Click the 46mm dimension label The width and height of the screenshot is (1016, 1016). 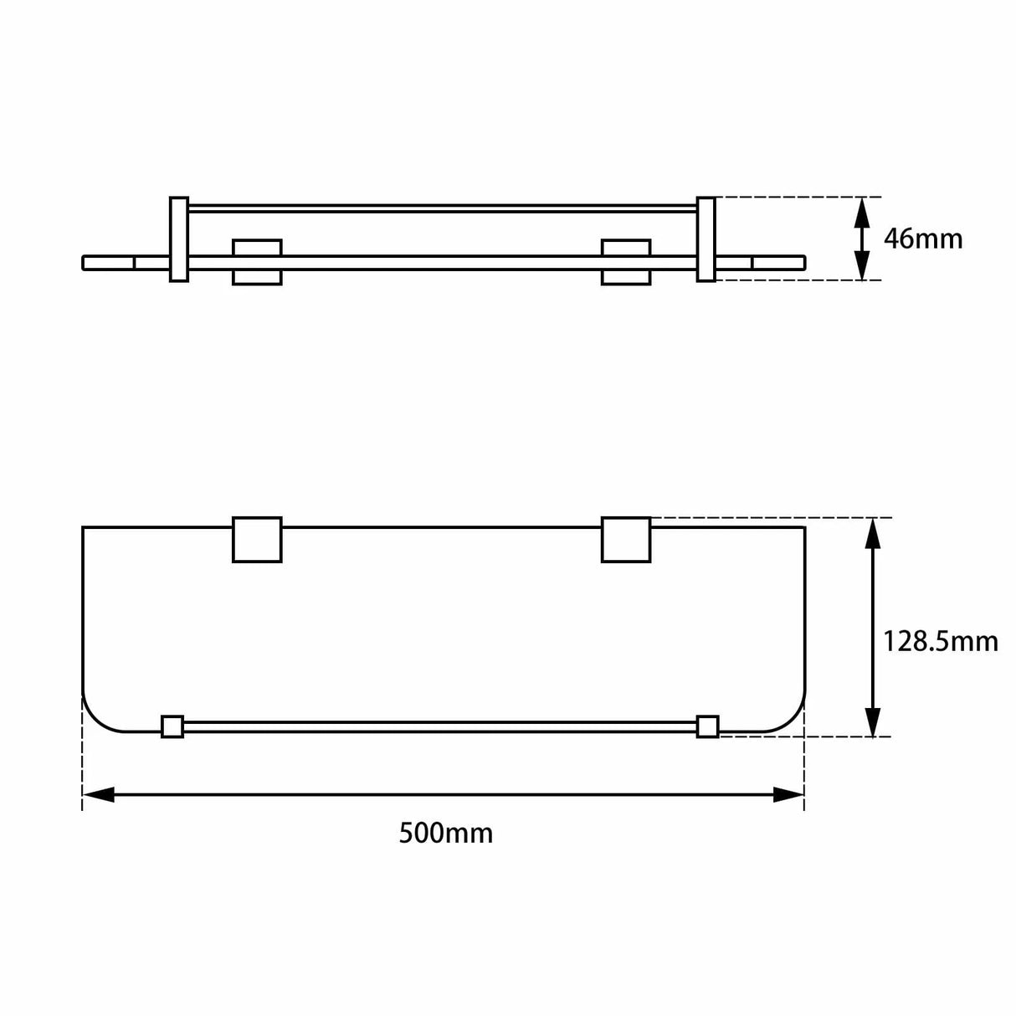pyautogui.click(x=923, y=239)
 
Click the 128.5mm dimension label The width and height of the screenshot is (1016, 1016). pyautogui.click(x=940, y=642)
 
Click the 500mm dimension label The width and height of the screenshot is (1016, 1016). pyautogui.click(x=445, y=834)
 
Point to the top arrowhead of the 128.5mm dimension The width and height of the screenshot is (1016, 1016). pyautogui.click(x=872, y=532)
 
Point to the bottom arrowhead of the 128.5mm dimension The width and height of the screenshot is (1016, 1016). pyautogui.click(x=872, y=722)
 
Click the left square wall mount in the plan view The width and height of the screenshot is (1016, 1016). pyautogui.click(x=257, y=540)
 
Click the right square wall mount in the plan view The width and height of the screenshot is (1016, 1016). pyautogui.click(x=626, y=540)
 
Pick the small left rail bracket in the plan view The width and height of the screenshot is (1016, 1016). pyautogui.click(x=172, y=726)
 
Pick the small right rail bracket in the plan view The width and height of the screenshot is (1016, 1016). pyautogui.click(x=707, y=726)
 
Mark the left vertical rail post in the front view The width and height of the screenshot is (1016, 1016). pyautogui.click(x=179, y=239)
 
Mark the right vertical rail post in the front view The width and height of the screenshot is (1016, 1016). pyautogui.click(x=706, y=239)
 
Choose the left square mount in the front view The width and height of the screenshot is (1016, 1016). pyautogui.click(x=257, y=262)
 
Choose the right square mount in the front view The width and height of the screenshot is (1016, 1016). pyautogui.click(x=626, y=262)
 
